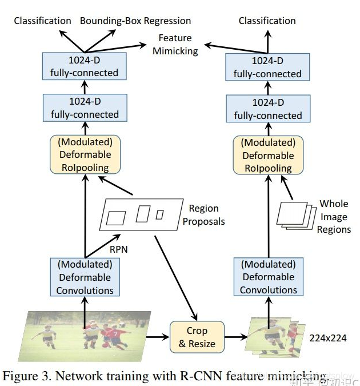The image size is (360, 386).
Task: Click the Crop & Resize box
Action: point(197,337)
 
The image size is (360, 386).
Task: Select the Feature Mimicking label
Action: point(175,43)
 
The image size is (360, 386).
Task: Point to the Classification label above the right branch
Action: point(267,21)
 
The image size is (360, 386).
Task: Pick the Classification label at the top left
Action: point(43,21)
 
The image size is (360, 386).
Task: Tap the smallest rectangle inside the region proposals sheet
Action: point(159,214)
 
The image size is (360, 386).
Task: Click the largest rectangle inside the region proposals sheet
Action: point(116,218)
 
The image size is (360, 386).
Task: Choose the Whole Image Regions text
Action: point(334,217)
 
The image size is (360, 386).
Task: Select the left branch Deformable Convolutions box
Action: point(85,277)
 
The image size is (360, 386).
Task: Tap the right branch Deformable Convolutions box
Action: point(268,277)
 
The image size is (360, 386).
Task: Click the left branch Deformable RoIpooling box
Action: point(85,155)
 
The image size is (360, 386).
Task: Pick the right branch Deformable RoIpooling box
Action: point(268,155)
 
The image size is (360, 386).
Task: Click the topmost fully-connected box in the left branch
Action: point(85,66)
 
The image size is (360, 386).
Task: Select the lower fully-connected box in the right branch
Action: point(268,109)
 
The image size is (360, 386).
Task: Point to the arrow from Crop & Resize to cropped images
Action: point(234,337)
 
